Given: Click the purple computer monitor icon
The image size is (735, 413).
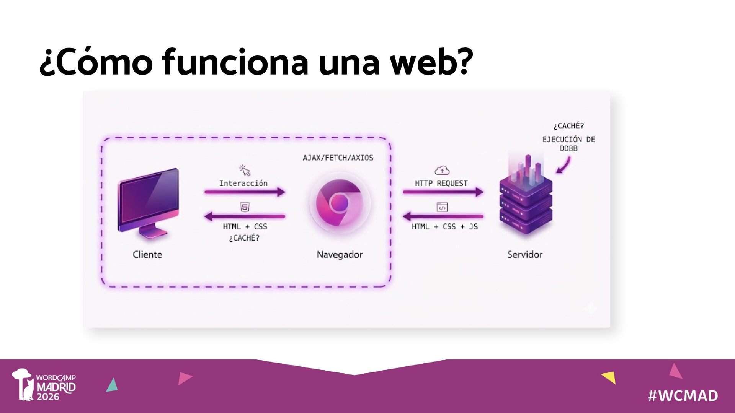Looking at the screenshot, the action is tap(149, 203).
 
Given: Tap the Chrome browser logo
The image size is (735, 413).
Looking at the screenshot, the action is tap(339, 203).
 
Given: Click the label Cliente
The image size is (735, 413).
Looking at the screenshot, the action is tap(147, 255).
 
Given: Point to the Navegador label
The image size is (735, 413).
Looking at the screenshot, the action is tap(340, 255).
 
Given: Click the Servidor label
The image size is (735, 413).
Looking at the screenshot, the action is tap(525, 255).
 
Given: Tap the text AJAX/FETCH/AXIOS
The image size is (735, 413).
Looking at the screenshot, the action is tap(338, 158).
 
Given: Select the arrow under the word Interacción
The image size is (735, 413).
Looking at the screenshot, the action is tap(245, 192).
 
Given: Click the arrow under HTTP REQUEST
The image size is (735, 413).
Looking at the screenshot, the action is tap(443, 192).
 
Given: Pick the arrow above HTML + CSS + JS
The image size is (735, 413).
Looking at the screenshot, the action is tap(443, 216).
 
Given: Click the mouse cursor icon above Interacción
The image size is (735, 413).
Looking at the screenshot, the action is tap(245, 170).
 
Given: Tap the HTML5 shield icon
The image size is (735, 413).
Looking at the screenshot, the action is tap(245, 207).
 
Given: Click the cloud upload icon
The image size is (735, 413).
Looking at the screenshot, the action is tap(442, 171).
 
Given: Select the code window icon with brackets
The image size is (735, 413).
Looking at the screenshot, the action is tap(442, 207).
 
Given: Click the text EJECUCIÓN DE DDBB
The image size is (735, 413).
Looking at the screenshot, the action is tap(568, 144).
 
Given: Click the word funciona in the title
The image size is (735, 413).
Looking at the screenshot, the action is tap(235, 62).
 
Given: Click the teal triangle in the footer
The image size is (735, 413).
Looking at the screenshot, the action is tap(112, 385).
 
